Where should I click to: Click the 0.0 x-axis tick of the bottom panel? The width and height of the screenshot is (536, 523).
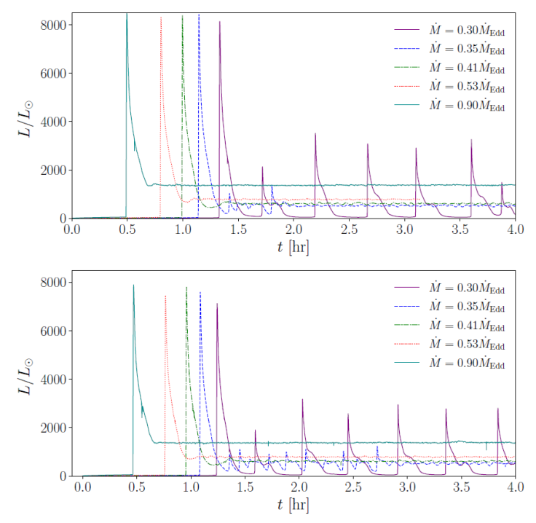click(83, 487)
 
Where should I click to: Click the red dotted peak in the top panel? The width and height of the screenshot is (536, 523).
click(160, 17)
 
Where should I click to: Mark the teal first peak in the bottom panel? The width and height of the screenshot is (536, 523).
click(133, 286)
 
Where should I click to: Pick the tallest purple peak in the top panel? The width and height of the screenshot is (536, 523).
click(219, 23)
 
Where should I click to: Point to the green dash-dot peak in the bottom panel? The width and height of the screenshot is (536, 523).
click(186, 288)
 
